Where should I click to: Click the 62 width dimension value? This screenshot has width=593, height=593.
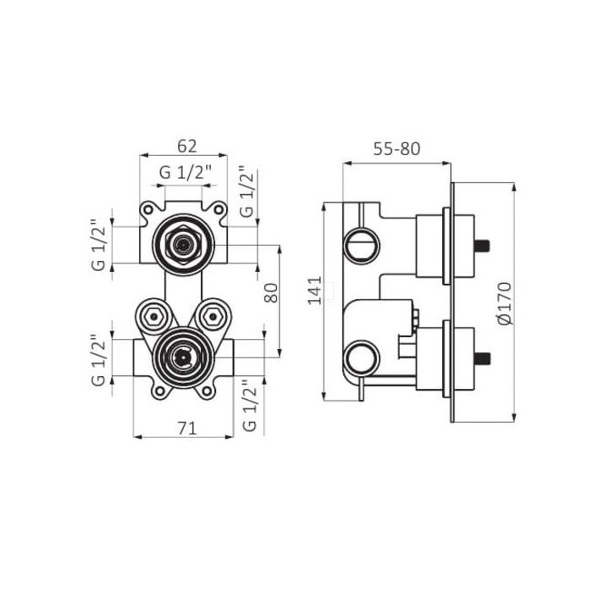[x=187, y=146]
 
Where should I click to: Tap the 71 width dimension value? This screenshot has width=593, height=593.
[x=187, y=429]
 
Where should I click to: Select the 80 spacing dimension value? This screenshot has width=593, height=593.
[x=271, y=293]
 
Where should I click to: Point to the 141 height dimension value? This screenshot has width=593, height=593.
[x=314, y=291]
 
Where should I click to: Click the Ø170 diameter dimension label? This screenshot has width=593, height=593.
[x=505, y=303]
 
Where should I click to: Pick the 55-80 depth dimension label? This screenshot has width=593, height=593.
[x=396, y=148]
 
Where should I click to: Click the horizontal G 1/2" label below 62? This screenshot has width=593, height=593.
[x=185, y=173]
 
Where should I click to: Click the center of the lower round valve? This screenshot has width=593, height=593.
[x=183, y=357]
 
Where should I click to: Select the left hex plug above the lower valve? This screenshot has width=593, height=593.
[x=153, y=316]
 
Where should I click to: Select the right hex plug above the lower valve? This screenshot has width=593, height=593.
[x=213, y=316]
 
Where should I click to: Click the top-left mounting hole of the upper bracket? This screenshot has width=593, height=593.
[x=148, y=209]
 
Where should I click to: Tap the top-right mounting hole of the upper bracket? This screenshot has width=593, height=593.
[x=219, y=209]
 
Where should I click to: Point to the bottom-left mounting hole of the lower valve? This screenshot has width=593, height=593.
[x=160, y=391]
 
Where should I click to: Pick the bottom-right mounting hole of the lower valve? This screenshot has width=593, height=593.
[x=207, y=391]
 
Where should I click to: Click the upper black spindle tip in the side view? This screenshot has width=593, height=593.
[x=482, y=246]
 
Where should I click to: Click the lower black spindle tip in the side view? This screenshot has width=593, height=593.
[x=483, y=358]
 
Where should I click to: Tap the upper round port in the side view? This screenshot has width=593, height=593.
[x=362, y=246]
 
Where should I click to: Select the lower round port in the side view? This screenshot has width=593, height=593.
[x=362, y=358]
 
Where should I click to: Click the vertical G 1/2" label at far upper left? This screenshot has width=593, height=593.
[x=98, y=245]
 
